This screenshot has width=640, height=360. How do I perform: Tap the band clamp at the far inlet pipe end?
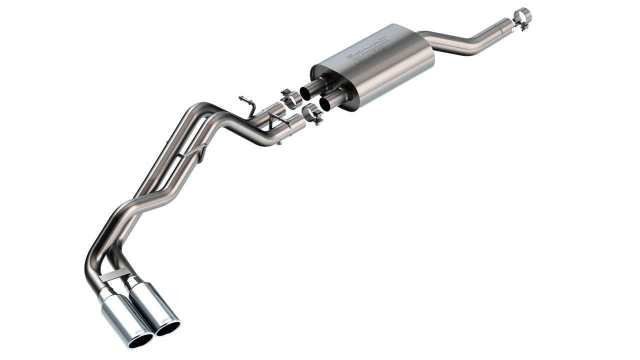522,17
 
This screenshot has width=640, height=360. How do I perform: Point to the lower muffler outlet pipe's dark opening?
326,104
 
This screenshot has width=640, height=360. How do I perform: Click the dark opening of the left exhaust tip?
140,340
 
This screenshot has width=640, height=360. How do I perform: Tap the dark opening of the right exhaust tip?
168,328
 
